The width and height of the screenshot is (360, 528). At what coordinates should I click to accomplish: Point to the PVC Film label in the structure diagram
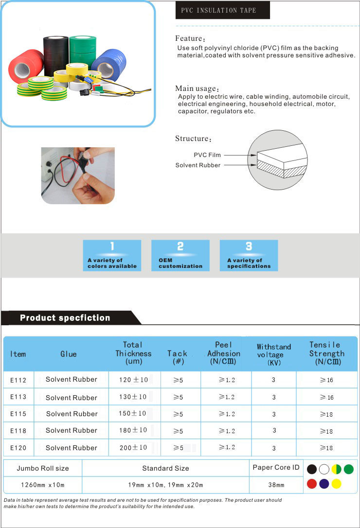pos(207,155)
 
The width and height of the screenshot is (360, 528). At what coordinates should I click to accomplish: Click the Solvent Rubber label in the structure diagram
pos(198,165)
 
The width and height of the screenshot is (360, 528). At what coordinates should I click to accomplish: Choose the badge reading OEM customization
pos(180,255)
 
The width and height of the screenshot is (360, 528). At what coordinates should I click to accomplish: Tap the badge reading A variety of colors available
pos(112,255)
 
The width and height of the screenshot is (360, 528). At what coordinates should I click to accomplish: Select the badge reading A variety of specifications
pos(249,255)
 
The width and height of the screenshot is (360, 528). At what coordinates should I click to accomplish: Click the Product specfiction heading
pos(65,318)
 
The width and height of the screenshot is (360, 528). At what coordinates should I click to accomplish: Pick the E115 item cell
pos(18,414)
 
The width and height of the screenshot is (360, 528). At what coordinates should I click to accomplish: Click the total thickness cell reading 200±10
pos(133,447)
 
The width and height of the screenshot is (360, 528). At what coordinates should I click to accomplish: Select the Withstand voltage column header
pos(274,354)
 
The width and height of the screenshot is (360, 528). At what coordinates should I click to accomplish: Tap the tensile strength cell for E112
pos(326,380)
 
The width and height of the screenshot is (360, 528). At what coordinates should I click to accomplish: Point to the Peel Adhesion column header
pos(224,353)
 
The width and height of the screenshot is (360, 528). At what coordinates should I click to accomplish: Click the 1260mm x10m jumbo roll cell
pos(43,485)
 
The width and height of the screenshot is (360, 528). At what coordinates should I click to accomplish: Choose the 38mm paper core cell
pos(276,485)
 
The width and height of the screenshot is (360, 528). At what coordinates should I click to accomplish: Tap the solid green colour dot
pos(348,469)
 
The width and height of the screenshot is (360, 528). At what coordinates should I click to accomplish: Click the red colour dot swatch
pos(312,484)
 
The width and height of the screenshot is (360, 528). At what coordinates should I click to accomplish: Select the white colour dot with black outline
pos(324,469)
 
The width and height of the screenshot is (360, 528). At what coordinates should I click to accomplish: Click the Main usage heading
pos(197,88)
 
